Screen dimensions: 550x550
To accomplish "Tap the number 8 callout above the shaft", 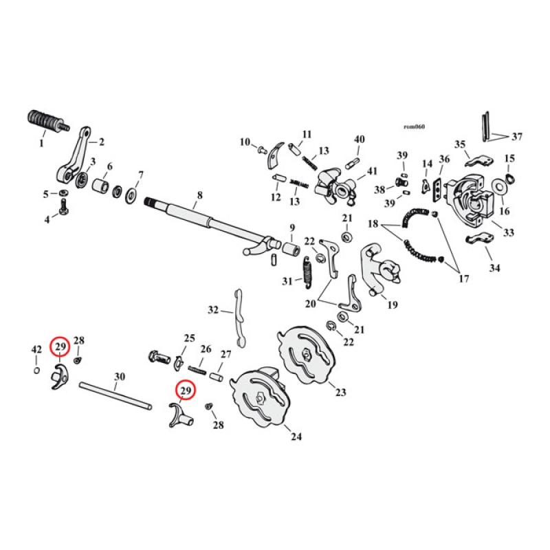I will point(199,196).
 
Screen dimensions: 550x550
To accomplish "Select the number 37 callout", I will point(516,136).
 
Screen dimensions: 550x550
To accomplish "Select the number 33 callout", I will point(508,234).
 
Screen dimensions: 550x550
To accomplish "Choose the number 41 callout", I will point(372,171).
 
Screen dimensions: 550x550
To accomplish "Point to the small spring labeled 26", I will point(198,370).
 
